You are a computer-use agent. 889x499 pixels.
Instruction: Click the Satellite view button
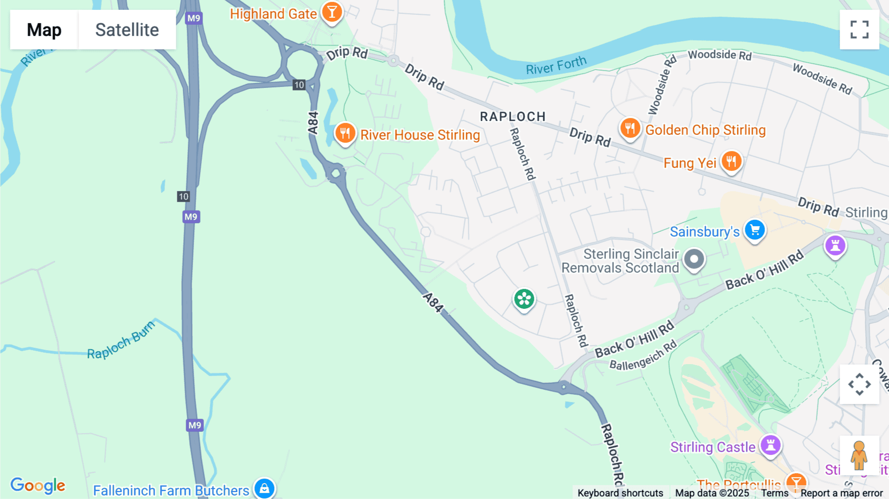(127, 30)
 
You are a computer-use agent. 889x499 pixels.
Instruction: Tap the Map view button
(44, 30)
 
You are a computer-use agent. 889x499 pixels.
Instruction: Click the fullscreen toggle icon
(859, 30)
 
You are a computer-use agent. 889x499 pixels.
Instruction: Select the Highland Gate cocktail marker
(332, 12)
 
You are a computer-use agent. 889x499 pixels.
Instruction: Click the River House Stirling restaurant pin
(345, 133)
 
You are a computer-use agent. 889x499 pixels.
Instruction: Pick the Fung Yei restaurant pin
(731, 162)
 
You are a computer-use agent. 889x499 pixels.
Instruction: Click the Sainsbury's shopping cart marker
(755, 230)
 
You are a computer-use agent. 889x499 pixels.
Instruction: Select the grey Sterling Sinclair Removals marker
(694, 259)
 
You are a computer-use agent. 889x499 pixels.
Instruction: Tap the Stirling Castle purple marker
(770, 446)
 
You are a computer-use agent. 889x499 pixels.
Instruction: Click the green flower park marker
(524, 299)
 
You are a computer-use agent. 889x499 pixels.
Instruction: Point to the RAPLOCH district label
(513, 117)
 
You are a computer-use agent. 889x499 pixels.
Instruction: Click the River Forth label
(556, 66)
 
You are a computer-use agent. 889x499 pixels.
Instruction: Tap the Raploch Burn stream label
(121, 340)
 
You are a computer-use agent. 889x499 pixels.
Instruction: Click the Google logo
(38, 485)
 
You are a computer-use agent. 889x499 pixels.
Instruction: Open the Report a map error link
(842, 493)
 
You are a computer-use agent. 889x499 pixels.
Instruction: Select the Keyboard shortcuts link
(620, 493)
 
